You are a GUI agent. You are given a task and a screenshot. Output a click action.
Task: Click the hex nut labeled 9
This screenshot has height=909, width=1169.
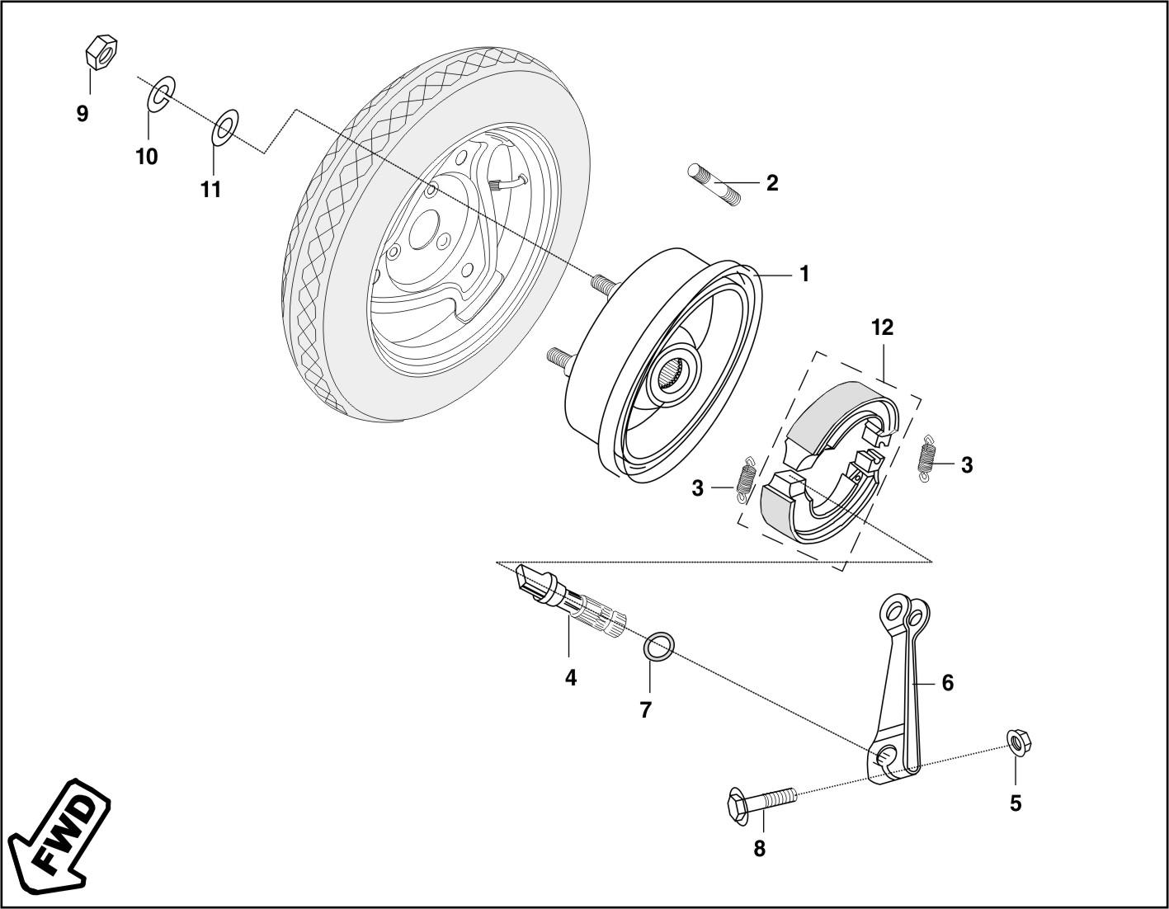(101, 52)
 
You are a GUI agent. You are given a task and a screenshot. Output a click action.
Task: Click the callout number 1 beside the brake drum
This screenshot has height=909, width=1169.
(804, 275)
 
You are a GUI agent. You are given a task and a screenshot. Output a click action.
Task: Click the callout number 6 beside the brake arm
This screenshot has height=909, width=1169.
(947, 683)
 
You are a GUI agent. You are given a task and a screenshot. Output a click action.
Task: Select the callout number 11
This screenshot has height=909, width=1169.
(211, 189)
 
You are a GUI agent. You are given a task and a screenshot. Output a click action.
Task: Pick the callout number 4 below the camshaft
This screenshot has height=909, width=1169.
(571, 678)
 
